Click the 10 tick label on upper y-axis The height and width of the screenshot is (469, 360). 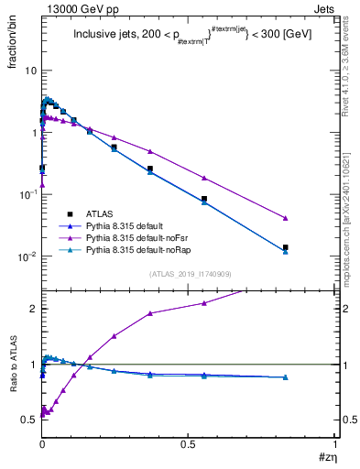point(30,71)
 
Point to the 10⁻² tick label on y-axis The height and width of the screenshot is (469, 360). point(28,256)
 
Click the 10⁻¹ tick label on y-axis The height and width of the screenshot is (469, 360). point(28,193)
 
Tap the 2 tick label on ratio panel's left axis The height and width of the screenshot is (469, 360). point(33,309)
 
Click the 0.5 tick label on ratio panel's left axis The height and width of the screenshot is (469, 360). point(29,420)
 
